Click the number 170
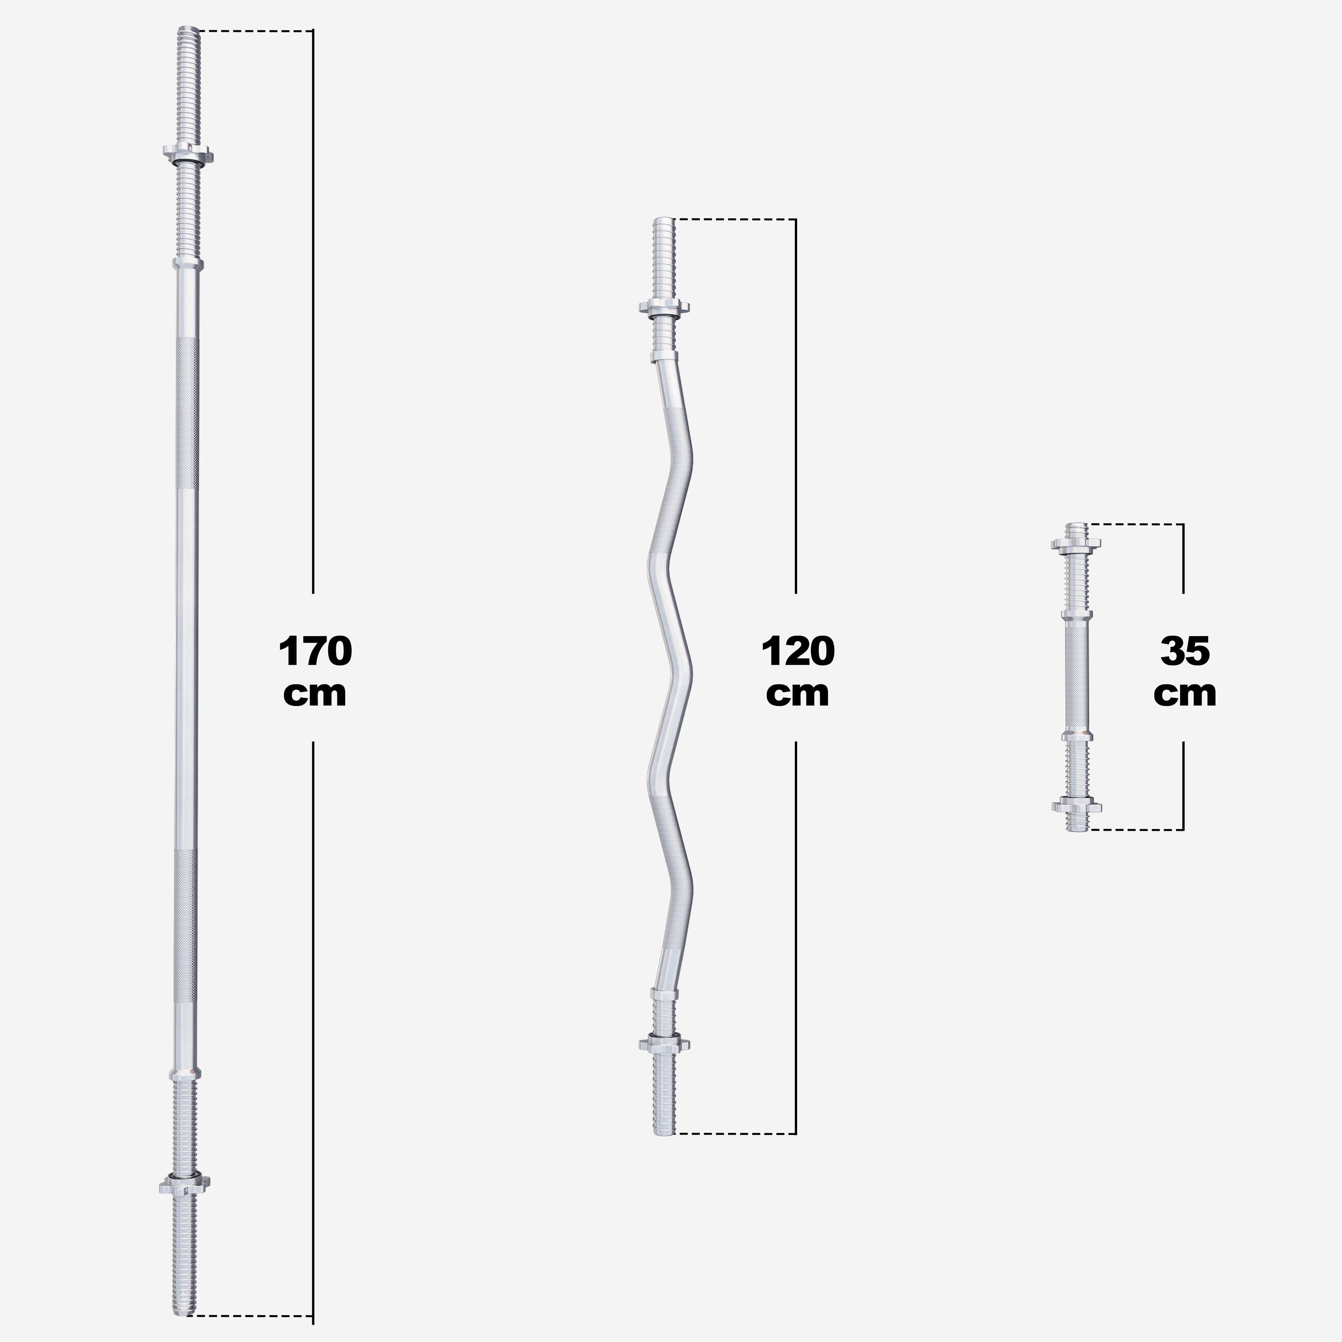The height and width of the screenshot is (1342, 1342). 315,651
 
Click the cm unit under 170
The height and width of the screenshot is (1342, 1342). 315,693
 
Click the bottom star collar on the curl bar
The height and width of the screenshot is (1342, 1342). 663,1043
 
